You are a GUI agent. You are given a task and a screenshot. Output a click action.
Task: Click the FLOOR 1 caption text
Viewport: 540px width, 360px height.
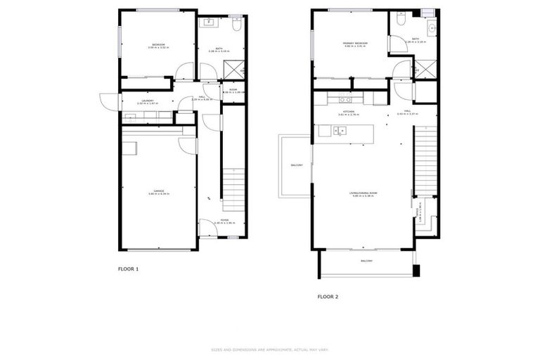[x=128, y=269]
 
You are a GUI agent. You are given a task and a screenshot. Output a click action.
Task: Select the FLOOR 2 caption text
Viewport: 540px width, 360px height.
[x=328, y=297]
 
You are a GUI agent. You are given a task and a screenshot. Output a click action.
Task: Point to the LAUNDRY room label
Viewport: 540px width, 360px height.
[x=147, y=101]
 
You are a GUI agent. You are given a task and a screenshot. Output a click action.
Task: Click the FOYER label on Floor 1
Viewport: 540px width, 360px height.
[x=224, y=221]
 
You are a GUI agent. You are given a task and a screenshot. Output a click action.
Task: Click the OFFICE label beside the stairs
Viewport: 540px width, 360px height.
[x=420, y=212]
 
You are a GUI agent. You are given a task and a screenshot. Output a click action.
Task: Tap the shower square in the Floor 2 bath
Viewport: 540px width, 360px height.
[x=425, y=70]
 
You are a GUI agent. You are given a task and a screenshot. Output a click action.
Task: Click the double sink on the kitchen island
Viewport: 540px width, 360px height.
[x=340, y=131]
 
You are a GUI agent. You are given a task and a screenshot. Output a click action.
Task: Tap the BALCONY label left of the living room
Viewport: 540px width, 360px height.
[x=297, y=165]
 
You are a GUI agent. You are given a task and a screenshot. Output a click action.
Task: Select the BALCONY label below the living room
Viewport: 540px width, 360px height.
[x=367, y=261]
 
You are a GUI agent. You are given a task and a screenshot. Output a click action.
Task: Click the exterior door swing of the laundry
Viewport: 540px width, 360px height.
[x=105, y=102]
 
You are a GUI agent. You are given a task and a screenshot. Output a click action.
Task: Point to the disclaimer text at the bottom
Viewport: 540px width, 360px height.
[x=270, y=349]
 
